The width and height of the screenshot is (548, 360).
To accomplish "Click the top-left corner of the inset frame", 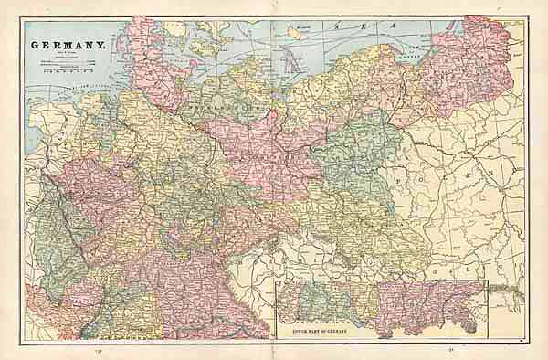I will pos(277,282).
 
